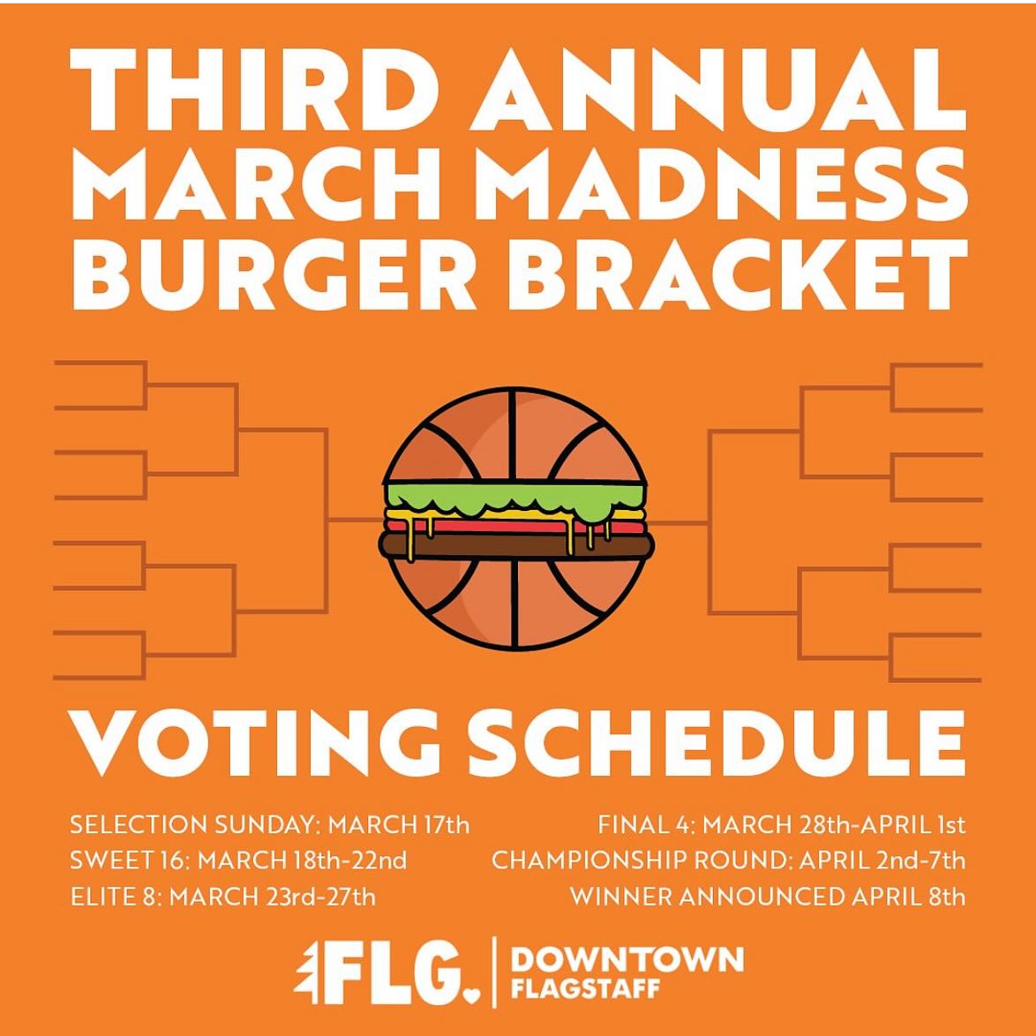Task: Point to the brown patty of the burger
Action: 515,544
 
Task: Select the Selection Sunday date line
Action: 269,825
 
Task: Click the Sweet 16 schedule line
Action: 238,861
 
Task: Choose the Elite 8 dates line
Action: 222,897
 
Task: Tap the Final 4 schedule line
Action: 782,825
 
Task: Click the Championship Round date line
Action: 728,861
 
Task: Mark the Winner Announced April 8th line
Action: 768,897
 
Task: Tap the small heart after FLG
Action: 471,996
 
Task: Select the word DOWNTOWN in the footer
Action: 627,959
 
